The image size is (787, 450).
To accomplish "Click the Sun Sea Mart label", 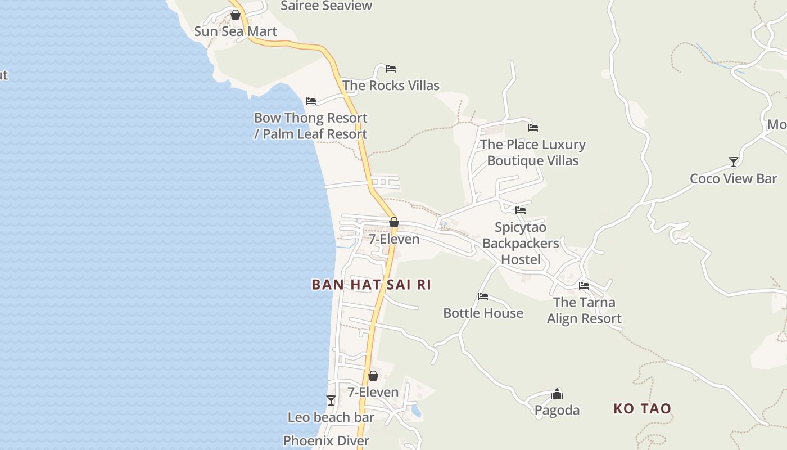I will pos(236,31).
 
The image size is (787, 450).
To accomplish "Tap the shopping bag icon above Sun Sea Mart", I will pos(236,15).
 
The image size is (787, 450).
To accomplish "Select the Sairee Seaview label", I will pos(326,6).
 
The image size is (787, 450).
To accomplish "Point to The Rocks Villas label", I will pos(391,85).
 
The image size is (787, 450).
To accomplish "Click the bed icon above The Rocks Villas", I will pos(391,69).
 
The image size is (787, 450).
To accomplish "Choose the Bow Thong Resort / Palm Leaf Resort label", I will pos(310,126).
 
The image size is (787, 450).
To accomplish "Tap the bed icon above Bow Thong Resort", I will pos(311,101).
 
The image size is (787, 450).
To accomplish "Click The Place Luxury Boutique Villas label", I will pos(532,152).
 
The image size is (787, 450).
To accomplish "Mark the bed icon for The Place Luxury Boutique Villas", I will pos(533,128).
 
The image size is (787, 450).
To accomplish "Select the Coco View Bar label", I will pos(733,179).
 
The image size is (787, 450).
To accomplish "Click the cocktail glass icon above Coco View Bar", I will pos(733,162).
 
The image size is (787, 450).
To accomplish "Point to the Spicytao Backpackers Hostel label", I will pos(521,243).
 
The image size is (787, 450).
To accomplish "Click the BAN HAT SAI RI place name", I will pos(371,285).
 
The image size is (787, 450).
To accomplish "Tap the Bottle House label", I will pos(483,313).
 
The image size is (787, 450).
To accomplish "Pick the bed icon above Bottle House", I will pos(483,296).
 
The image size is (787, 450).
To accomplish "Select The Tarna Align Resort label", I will pos(584,310).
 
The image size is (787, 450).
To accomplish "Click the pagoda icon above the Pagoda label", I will pos(557,394).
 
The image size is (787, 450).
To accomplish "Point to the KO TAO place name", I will pos(642,408).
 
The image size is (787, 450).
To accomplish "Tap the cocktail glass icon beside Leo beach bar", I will pos(331,400).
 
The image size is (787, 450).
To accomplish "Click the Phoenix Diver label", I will pos(326,441).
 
